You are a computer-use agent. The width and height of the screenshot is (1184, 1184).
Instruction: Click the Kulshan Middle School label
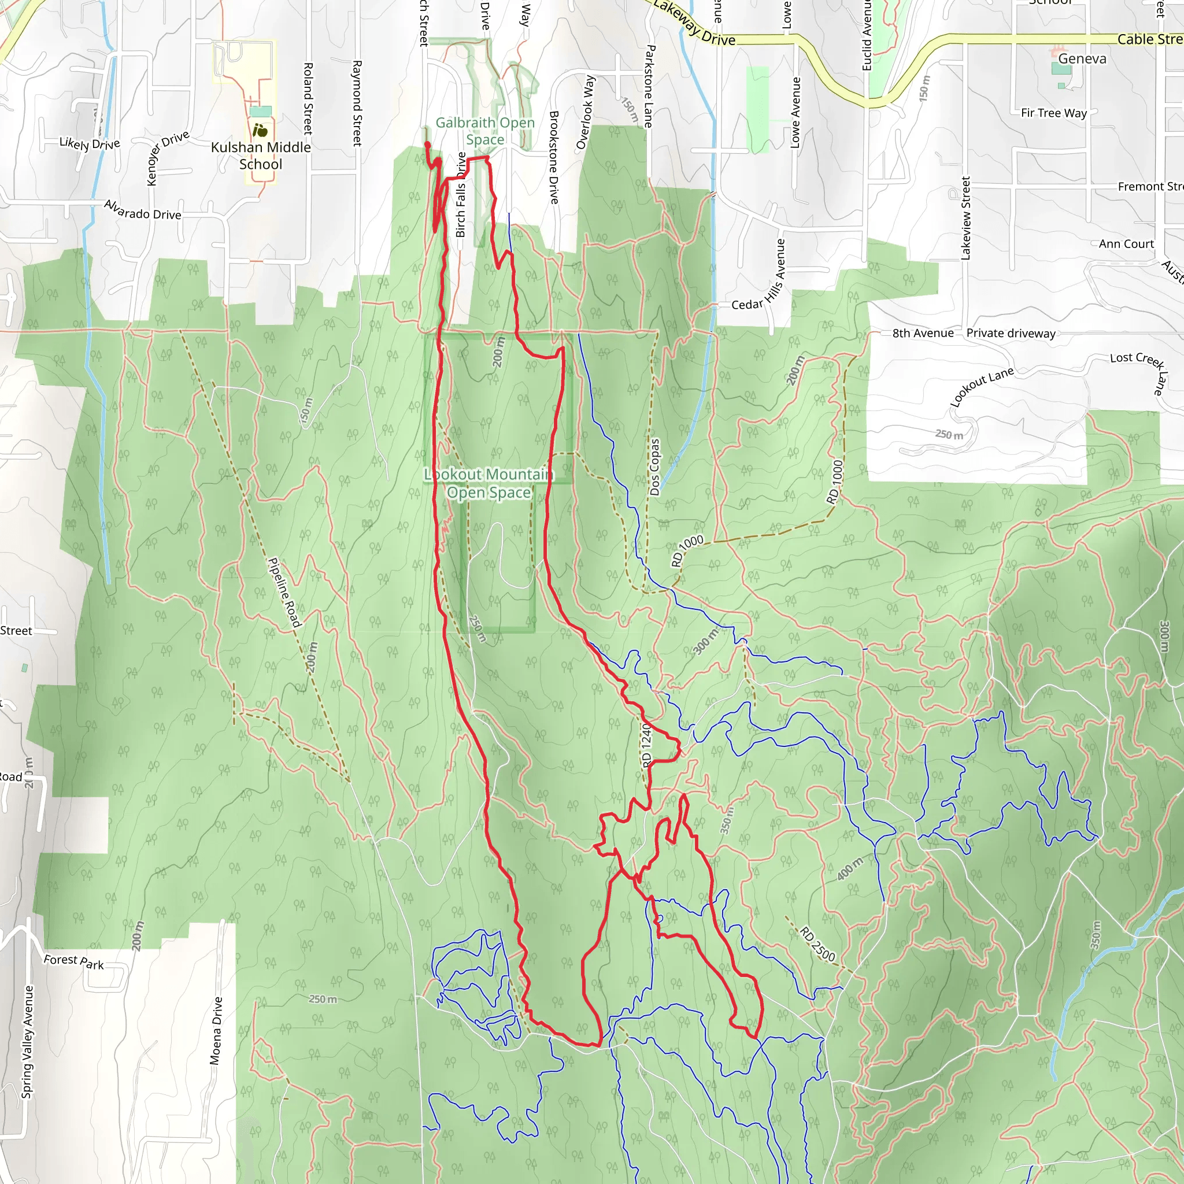[261, 156]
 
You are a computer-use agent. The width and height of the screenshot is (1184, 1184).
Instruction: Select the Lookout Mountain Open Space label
[489, 483]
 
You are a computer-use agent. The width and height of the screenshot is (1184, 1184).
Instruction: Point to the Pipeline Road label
[285, 593]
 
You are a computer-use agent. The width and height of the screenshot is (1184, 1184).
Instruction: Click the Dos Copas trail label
[654, 467]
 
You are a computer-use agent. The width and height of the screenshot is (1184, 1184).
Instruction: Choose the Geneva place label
[1082, 59]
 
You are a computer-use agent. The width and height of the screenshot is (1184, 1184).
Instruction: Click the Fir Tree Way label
[1053, 113]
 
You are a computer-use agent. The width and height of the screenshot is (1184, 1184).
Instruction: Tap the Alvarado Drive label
[142, 210]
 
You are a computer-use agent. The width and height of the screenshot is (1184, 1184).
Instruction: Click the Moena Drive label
[216, 1031]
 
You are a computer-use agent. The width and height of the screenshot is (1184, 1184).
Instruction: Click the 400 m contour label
[850, 868]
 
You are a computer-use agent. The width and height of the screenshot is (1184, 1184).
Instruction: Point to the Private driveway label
[1011, 334]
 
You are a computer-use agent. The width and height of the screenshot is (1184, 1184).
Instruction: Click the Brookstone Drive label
[554, 157]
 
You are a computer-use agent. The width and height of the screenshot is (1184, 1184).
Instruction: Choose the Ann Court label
[1126, 244]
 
